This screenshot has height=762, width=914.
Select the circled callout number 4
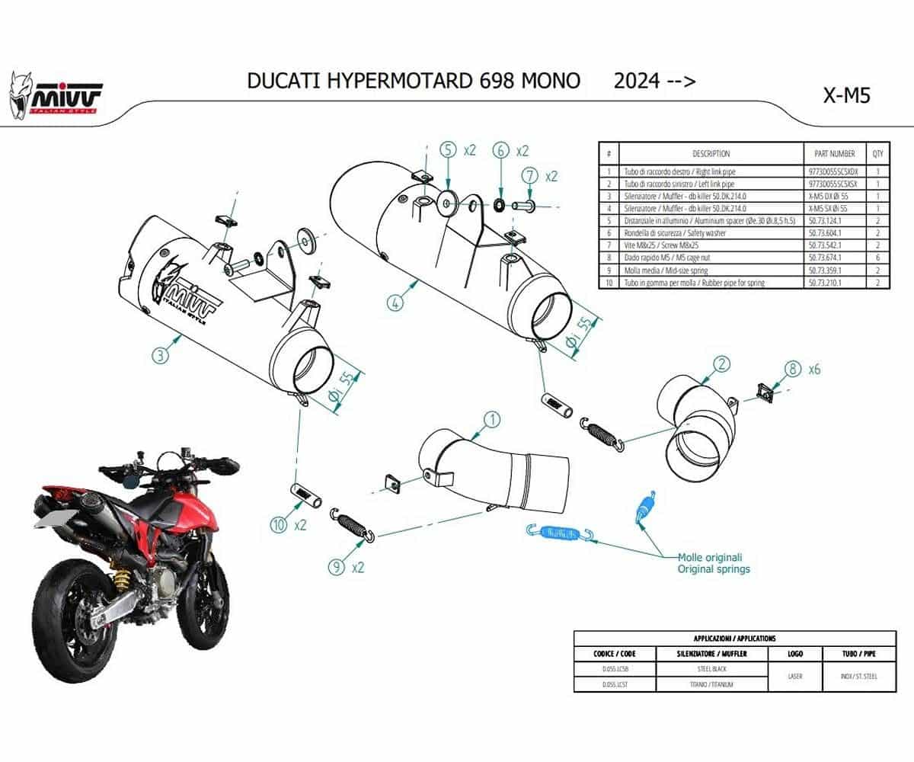click(394, 303)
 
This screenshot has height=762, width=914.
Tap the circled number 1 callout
click(492, 419)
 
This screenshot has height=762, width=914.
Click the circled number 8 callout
click(792, 370)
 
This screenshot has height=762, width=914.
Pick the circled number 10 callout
click(279, 524)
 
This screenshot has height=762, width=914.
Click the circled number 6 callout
click(500, 150)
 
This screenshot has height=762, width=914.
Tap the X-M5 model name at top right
click(846, 96)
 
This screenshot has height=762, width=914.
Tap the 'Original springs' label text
click(714, 568)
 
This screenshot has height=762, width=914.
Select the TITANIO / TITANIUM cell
click(701, 684)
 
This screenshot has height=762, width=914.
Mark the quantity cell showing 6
click(877, 258)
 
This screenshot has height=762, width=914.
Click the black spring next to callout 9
click(352, 526)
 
